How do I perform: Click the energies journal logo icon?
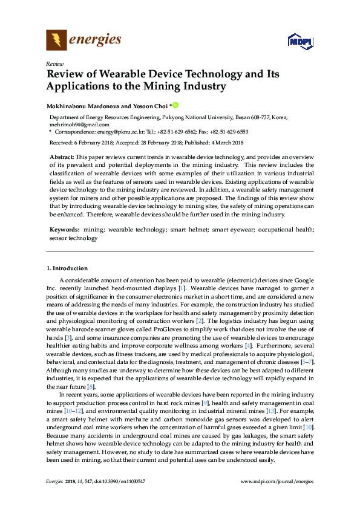(56, 41)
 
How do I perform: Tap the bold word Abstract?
(61, 157)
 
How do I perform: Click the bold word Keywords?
(64, 230)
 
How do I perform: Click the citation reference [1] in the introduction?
(181, 289)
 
